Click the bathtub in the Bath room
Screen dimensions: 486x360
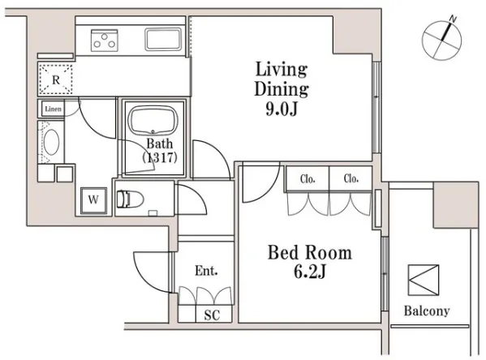point(153,121)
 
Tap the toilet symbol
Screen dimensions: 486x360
point(130,199)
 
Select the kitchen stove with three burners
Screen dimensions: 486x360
point(105,41)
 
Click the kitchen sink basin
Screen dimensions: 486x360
point(163,39)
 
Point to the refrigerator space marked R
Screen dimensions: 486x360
point(55,79)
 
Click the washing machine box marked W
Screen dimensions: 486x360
point(93,200)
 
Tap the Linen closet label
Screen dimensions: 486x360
point(53,109)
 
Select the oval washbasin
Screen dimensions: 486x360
point(51,142)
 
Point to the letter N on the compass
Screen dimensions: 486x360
point(454,19)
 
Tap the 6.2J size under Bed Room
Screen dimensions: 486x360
point(309,272)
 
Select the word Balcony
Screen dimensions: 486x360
point(427,311)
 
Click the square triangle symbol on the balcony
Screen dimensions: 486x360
point(424,280)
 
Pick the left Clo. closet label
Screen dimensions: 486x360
point(308,178)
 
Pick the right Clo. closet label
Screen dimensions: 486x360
point(351,178)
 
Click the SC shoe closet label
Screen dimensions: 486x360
point(212,315)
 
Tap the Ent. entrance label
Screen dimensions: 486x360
point(206,271)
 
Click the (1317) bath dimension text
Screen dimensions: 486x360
point(160,157)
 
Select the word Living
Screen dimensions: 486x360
point(281,70)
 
